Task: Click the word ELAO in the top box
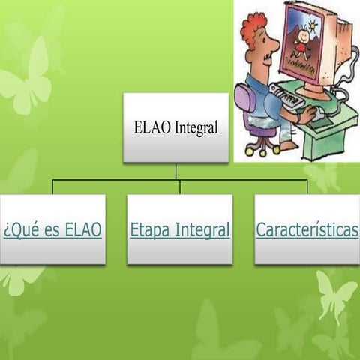pyautogui.click(x=149, y=128)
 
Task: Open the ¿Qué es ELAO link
pyautogui.click(x=52, y=230)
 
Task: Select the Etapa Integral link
pyautogui.click(x=180, y=230)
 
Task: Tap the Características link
pyautogui.click(x=307, y=230)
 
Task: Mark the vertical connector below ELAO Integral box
pyautogui.click(x=176, y=172)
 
